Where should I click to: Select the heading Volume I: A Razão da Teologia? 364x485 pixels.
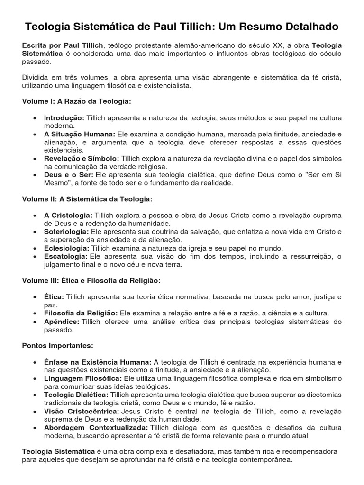coord(76,102)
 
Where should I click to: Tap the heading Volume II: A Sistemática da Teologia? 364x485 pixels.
coord(87,199)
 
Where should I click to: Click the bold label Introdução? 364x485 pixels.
coord(64,118)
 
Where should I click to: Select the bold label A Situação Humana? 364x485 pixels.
coord(80,134)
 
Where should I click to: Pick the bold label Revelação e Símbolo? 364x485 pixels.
coord(82,159)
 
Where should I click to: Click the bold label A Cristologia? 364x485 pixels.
coord(68,216)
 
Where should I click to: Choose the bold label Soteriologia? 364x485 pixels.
coord(66,232)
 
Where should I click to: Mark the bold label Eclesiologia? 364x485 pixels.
coord(66,248)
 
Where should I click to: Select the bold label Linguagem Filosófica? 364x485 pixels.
coord(83,379)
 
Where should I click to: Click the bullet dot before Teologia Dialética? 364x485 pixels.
coord(36,395)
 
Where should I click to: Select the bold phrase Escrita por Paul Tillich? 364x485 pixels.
coord(62,45)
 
